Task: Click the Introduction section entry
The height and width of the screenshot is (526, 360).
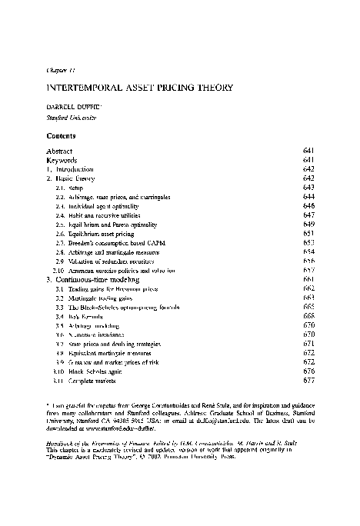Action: pos(74,168)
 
